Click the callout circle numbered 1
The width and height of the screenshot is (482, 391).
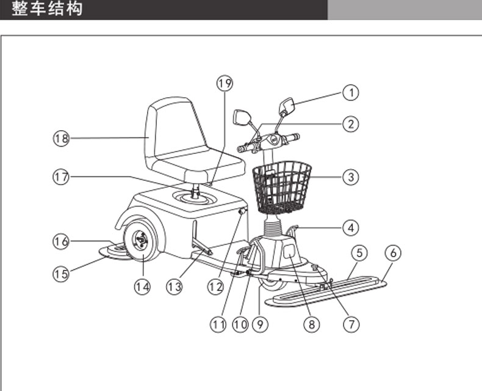tap(350, 92)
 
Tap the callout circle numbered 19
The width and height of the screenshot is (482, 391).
tap(225, 83)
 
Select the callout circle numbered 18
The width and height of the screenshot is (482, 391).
tap(61, 138)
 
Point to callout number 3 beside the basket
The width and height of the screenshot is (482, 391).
tap(350, 177)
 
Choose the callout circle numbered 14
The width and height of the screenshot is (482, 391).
tap(142, 287)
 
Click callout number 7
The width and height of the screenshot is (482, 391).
tap(351, 324)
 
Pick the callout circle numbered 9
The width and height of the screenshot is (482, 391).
tap(260, 324)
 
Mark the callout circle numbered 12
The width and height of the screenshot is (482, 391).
tap(215, 287)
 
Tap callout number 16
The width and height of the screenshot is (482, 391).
tap(61, 241)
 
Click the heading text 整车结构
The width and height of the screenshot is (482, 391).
tap(47, 9)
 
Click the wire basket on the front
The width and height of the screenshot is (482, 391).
tap(282, 188)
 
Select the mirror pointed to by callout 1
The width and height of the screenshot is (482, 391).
tap(287, 106)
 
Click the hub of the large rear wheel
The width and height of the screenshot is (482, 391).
tap(141, 240)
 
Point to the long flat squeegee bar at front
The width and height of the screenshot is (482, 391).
tap(326, 291)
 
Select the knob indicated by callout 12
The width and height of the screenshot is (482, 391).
tap(243, 212)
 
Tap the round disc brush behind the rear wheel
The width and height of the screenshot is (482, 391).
tap(115, 252)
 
